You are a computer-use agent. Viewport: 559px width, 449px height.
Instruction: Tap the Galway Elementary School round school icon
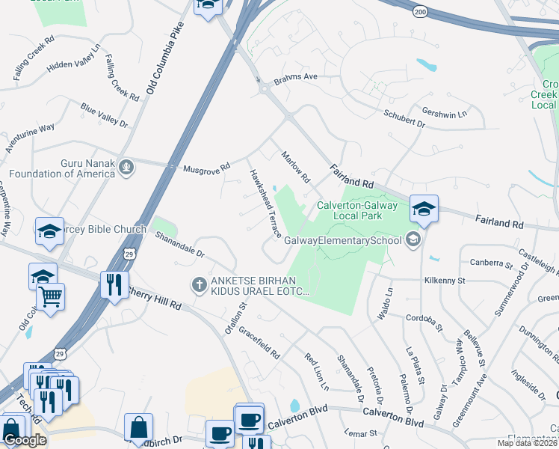411,239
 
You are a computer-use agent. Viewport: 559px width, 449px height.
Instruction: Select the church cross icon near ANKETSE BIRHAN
199,284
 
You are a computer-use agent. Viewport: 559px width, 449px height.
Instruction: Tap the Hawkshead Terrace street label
265,202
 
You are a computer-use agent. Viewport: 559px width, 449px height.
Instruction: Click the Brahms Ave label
295,77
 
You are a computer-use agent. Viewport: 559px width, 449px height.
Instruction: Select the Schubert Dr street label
404,120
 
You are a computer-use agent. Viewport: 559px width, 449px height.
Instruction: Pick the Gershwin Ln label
444,113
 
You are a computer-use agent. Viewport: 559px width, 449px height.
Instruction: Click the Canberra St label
492,263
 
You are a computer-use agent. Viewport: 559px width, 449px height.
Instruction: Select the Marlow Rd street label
294,167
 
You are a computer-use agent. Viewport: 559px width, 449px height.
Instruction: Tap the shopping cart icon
51,296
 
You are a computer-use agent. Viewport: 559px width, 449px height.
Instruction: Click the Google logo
24,440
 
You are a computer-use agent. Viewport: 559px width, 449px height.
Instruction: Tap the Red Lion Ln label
316,370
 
